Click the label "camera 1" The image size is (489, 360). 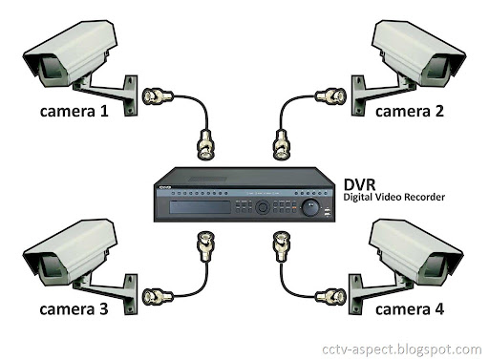click(x=74, y=111)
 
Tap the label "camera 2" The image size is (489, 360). click(x=411, y=111)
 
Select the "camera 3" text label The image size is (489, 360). click(x=74, y=310)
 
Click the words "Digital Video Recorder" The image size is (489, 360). click(x=394, y=198)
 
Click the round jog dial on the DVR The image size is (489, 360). click(x=309, y=205)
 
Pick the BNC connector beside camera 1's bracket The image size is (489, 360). click(x=157, y=96)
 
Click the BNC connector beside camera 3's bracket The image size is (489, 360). click(x=154, y=296)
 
